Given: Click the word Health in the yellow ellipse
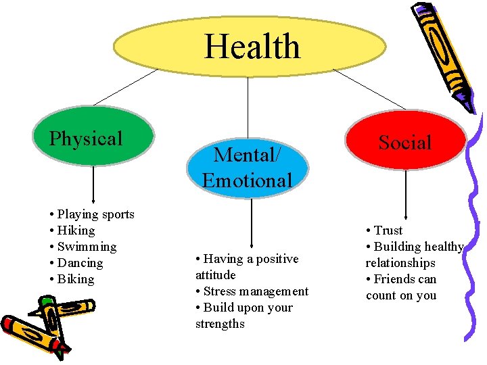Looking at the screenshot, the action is coord(252,47).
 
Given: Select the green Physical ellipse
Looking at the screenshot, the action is coord(93,139).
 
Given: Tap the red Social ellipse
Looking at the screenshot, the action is coord(405,143).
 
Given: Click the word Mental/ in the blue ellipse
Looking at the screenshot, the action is coord(246,155).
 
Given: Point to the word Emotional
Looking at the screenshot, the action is coord(247,180).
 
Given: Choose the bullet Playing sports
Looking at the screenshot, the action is coord(95,214).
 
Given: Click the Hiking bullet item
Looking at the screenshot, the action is coord(76,230).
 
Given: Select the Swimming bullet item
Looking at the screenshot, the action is coord(87,247).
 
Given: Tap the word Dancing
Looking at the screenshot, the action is coord(80,263).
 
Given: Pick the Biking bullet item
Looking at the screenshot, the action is coord(76,279).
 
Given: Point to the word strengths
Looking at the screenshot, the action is coord(220,324).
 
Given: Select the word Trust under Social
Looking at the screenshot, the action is coord(388,230).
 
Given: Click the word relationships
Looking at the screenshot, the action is coord(400,263).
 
